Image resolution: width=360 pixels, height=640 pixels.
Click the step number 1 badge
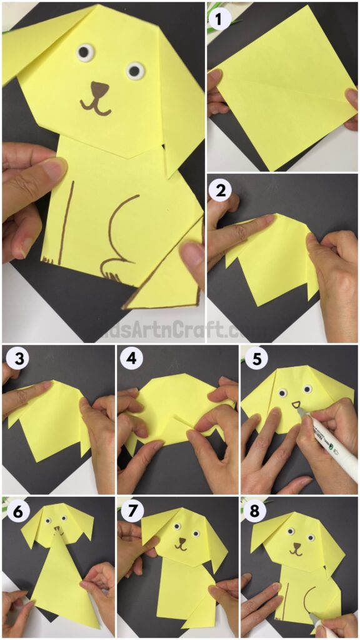pos(218,19)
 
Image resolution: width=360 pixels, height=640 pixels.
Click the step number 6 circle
pos(15,511)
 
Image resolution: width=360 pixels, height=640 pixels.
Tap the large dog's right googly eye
pos(135,71)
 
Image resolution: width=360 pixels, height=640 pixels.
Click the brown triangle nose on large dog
pos(99,88)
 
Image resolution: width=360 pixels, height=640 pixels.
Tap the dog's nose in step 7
pos(181,541)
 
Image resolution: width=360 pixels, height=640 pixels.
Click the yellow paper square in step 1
pos(281,87)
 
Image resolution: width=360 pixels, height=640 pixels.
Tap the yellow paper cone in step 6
pos(62,581)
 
